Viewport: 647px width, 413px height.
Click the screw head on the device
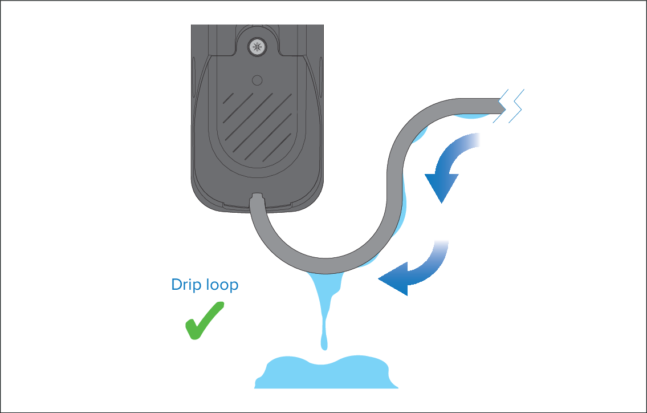click(257, 47)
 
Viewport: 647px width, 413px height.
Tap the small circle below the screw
click(257, 80)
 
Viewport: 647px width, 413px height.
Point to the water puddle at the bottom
click(326, 372)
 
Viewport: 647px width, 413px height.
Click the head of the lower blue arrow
click(393, 279)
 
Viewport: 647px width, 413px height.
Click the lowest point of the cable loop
click(325, 266)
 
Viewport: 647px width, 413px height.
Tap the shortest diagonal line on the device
click(228, 98)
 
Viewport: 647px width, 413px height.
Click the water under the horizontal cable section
click(473, 116)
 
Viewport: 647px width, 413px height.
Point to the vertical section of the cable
click(394, 186)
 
